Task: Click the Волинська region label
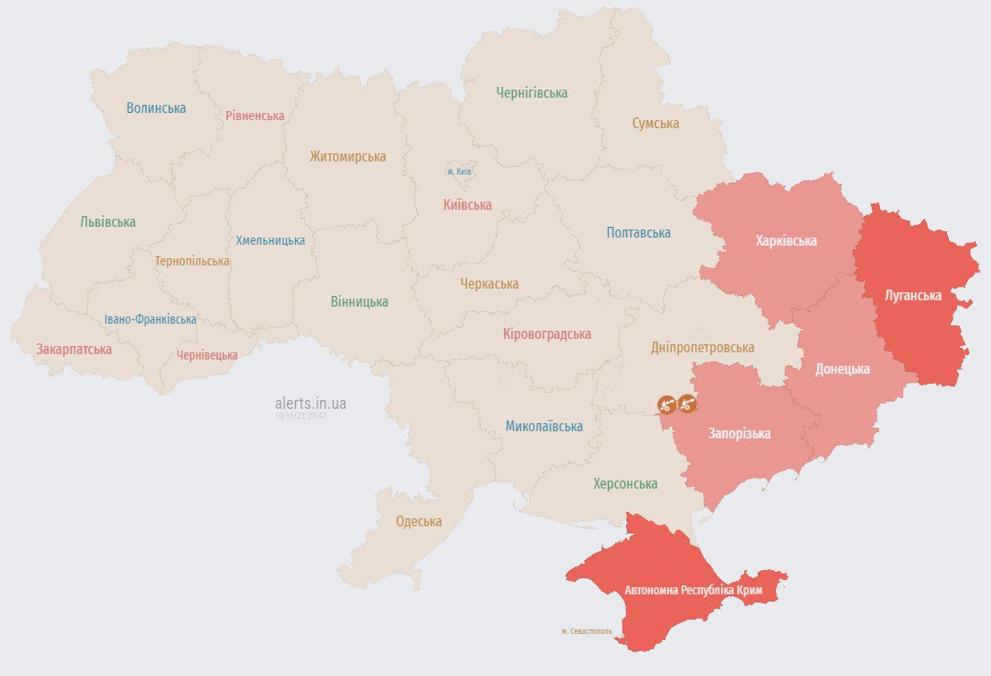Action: point(156,108)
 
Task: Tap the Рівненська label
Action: point(255,116)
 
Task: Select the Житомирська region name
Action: point(348,157)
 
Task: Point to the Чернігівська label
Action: point(532,92)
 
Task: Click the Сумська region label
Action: point(655,123)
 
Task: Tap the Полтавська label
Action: point(639,233)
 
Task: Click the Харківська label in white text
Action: point(786,241)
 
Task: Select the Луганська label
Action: point(912,295)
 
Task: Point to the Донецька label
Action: point(842,368)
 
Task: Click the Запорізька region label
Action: point(739,434)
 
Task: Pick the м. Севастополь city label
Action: point(587,631)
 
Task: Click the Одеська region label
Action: point(419,522)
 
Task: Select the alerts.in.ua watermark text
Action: point(310,403)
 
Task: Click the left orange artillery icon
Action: point(666,404)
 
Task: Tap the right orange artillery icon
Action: point(687,404)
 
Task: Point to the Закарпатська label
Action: point(74,350)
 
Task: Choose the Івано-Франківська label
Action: point(150,320)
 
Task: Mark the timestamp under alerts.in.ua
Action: point(300,416)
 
